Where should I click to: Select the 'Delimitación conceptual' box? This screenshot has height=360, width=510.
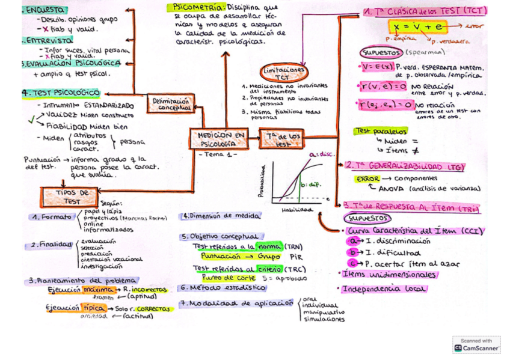(171, 105)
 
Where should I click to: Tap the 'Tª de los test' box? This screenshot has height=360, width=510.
(283, 140)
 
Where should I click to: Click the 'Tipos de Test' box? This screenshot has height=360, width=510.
(69, 197)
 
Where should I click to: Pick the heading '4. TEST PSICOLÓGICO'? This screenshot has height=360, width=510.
(61, 93)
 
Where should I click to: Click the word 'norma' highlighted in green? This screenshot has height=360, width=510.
(268, 246)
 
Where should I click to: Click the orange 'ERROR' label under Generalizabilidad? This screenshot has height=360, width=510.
(367, 179)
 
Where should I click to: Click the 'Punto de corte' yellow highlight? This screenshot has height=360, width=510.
(221, 278)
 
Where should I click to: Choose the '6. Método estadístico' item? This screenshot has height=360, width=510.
(223, 288)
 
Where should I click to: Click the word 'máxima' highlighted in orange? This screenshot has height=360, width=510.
(99, 289)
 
